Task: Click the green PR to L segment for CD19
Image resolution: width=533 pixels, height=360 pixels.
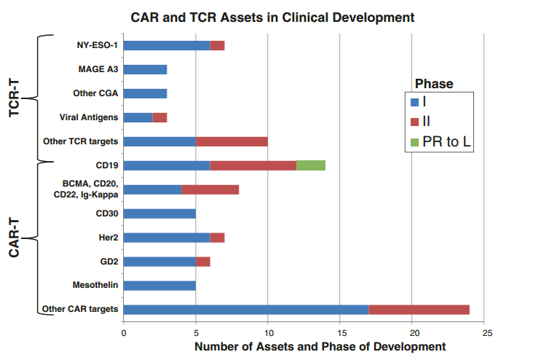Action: [311, 165]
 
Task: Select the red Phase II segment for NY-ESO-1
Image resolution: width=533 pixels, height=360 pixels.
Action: [217, 46]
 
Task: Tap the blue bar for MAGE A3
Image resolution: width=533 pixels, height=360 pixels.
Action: [145, 70]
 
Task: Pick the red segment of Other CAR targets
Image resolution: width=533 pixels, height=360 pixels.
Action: [419, 309]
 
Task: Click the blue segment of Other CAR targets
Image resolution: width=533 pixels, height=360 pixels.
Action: [246, 309]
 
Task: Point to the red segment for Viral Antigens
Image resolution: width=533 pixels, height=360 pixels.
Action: [159, 117]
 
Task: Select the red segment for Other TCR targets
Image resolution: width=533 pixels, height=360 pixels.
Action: [232, 141]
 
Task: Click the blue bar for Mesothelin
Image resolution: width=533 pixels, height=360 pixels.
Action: [159, 285]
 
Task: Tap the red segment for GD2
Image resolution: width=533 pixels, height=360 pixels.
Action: [202, 261]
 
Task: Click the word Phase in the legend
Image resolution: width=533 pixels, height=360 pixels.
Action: [434, 84]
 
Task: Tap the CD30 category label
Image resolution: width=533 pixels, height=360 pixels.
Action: [106, 214]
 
